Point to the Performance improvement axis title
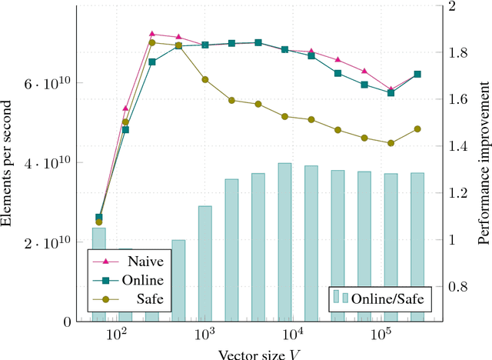pos(483,163)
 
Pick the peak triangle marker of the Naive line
pos(152,34)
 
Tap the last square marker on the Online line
pos(417,75)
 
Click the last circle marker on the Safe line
pos(417,129)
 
